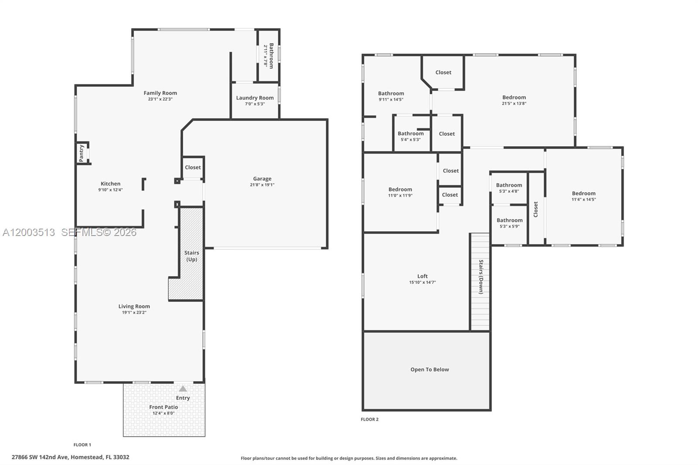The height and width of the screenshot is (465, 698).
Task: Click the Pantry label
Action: tap(82, 153)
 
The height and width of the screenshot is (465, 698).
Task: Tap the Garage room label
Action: tap(262, 179)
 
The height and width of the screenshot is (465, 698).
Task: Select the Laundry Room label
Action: tap(255, 98)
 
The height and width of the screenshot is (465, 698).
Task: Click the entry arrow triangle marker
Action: tap(183, 389)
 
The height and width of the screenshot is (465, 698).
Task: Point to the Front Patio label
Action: tap(164, 407)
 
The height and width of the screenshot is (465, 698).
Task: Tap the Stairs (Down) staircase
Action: tap(480, 282)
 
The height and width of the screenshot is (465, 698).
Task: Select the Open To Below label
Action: tap(429, 369)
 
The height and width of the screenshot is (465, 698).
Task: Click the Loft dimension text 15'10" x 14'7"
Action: tap(422, 283)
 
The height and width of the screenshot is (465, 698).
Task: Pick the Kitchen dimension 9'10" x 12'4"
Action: tap(110, 190)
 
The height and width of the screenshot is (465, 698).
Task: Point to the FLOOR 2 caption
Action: tap(370, 419)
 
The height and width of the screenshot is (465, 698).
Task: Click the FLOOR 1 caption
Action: tap(82, 445)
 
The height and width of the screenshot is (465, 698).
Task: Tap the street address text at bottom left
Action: tap(70, 457)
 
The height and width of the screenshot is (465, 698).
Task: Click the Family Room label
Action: tap(160, 93)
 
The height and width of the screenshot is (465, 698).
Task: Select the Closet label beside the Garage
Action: tap(193, 168)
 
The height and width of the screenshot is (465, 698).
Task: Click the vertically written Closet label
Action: tap(536, 209)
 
